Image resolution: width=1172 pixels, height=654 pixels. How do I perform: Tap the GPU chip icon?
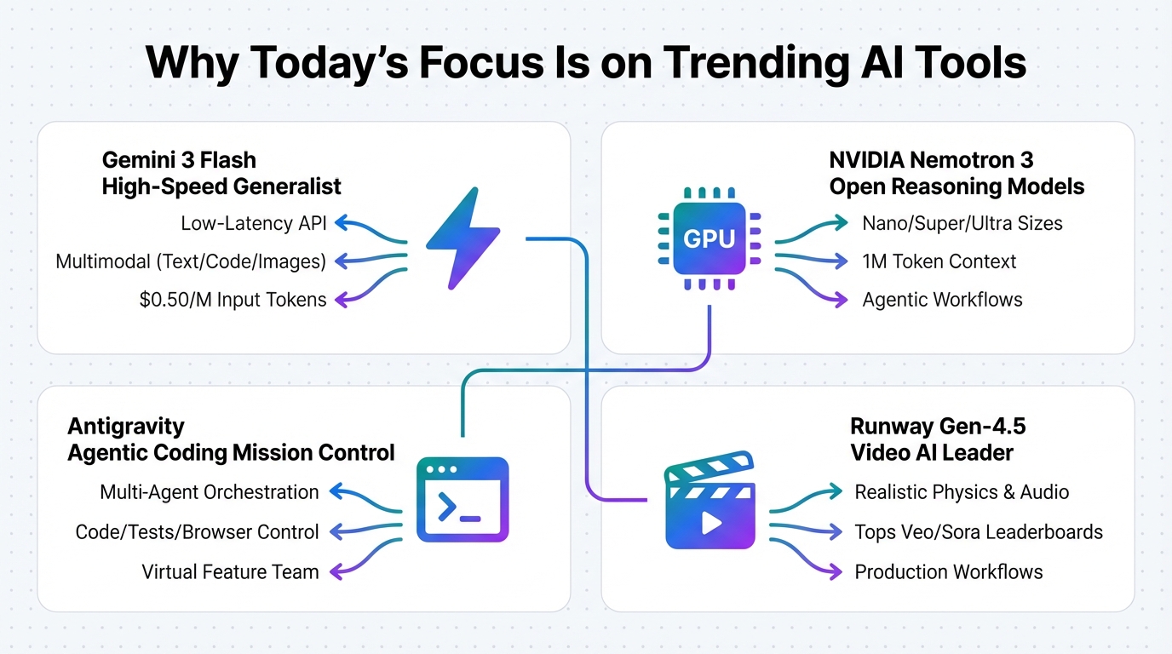pyautogui.click(x=709, y=239)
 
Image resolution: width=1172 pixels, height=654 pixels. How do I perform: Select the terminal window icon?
pyautogui.click(x=462, y=501)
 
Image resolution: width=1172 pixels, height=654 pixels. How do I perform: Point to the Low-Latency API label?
pyautogui.click(x=254, y=223)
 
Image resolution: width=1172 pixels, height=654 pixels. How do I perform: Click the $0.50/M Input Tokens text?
pyautogui.click(x=233, y=299)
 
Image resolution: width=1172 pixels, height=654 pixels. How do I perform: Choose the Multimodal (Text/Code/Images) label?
pyautogui.click(x=191, y=261)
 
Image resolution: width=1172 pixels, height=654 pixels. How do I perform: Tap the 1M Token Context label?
pyautogui.click(x=939, y=261)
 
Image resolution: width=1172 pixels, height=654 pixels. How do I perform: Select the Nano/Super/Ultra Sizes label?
pyautogui.click(x=962, y=223)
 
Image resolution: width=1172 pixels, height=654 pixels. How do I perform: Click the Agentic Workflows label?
pyautogui.click(x=942, y=299)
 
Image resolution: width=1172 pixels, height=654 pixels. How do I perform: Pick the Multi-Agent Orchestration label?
pyautogui.click(x=210, y=491)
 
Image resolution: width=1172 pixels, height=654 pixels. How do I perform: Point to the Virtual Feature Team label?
pyautogui.click(x=230, y=571)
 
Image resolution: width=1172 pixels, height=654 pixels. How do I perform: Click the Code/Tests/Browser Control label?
pyautogui.click(x=198, y=531)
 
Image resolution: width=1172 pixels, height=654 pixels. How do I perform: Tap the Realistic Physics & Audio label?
pyautogui.click(x=962, y=491)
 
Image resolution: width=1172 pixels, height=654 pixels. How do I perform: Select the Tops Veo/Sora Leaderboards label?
pyautogui.click(x=979, y=531)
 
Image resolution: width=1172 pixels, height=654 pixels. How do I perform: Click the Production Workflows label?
pyautogui.click(x=949, y=571)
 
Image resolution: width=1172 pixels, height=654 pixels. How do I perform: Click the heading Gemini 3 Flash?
pyautogui.click(x=179, y=160)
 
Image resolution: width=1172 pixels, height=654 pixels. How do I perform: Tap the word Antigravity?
pyautogui.click(x=125, y=426)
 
